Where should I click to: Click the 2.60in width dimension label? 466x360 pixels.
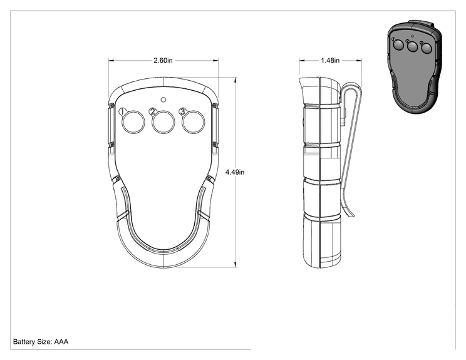163,60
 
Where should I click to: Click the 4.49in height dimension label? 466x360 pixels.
235,172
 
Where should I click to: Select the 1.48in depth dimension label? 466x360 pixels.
330,60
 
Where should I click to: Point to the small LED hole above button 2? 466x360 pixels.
163,100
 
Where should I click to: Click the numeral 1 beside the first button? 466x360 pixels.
122,111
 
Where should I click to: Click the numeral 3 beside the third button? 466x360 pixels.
182,111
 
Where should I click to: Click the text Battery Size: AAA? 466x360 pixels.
41,342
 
